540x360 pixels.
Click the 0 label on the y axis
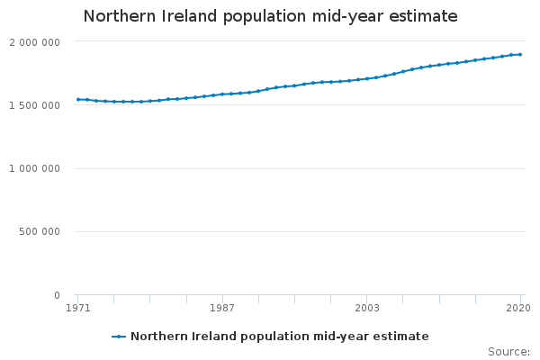(x=58, y=295)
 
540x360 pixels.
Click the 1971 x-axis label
(x=78, y=308)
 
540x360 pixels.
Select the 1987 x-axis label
(x=222, y=308)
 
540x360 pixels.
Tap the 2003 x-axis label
(x=366, y=308)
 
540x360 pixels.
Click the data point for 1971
(x=78, y=100)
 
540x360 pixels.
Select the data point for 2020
(x=520, y=55)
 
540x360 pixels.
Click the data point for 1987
(x=222, y=94)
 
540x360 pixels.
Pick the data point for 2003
(x=367, y=79)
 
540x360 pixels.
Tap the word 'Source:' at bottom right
(x=508, y=351)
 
